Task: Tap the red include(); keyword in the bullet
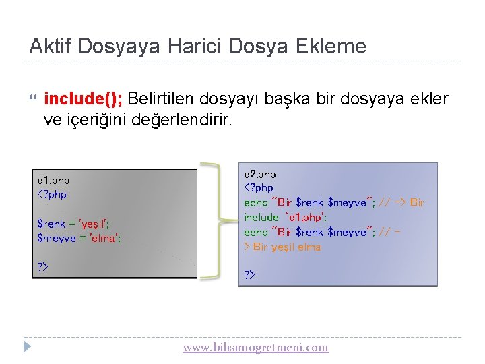tap(83, 99)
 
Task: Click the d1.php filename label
tap(53, 180)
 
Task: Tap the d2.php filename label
tap(259, 174)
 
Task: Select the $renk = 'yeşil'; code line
tap(73, 224)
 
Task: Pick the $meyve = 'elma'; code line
tap(79, 238)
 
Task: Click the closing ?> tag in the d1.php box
tap(42, 268)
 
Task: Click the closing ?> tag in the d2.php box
tap(249, 275)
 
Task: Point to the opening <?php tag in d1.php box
tap(52, 195)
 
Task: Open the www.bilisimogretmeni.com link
tap(255, 348)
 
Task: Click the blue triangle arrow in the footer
tap(27, 348)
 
